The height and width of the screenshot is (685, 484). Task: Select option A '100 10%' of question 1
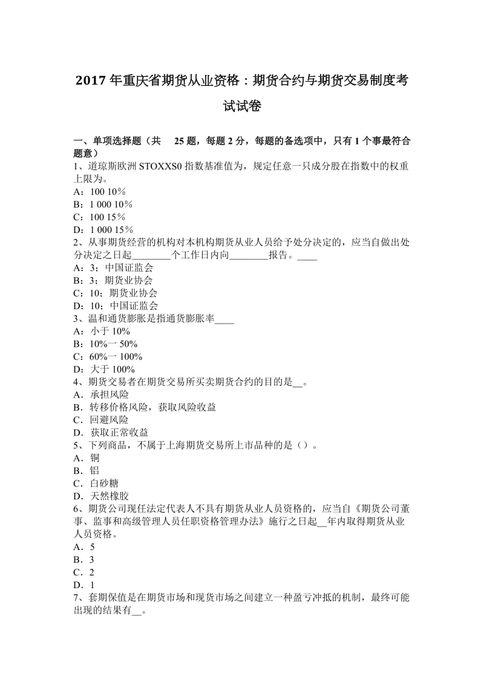99,192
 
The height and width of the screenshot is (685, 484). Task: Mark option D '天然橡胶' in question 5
100,496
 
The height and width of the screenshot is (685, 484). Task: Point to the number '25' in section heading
180,141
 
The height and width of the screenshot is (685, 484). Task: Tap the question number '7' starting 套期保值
76,597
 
